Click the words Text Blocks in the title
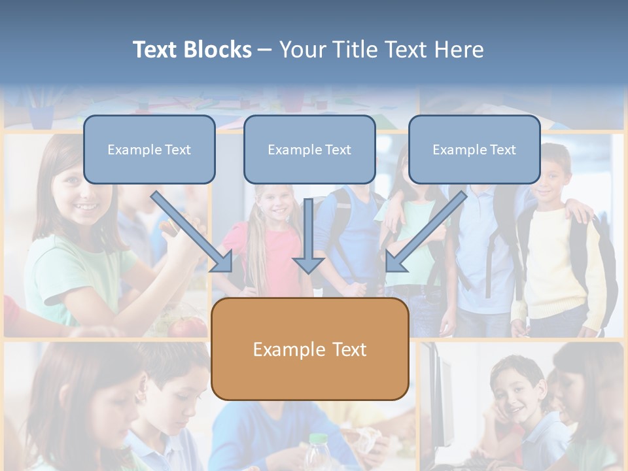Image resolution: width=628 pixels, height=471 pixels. [192, 50]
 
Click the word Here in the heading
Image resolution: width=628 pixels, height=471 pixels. [459, 50]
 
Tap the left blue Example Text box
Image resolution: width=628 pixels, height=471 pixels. [149, 149]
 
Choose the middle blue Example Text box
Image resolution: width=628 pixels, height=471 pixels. [309, 149]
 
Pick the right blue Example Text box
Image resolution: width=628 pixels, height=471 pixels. [474, 149]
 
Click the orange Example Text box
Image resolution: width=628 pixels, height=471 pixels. [310, 349]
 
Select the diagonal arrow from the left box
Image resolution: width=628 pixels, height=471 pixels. [193, 232]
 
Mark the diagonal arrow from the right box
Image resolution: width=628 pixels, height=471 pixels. [425, 232]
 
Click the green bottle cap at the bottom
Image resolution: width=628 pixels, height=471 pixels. [317, 438]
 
